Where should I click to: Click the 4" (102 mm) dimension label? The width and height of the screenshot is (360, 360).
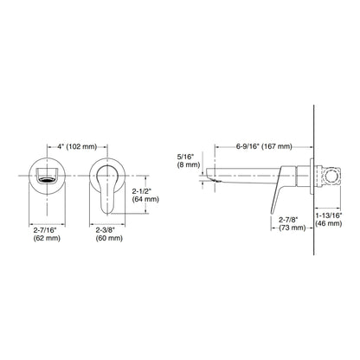tap(77, 146)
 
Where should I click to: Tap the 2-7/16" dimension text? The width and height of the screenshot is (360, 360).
tap(45, 230)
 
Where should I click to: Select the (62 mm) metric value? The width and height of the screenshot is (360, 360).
tap(47, 238)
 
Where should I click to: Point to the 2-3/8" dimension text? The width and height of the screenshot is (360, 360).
tap(106, 230)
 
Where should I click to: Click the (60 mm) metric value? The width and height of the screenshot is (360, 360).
tap(109, 238)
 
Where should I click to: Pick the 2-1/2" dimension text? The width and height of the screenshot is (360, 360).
tap(142, 191)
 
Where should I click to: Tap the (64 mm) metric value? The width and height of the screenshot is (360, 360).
tap(145, 199)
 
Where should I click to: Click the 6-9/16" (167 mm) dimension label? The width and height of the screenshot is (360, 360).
tap(264, 146)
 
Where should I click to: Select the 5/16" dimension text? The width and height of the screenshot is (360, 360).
tap(186, 157)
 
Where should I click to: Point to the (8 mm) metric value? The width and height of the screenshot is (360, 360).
tap(189, 164)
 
